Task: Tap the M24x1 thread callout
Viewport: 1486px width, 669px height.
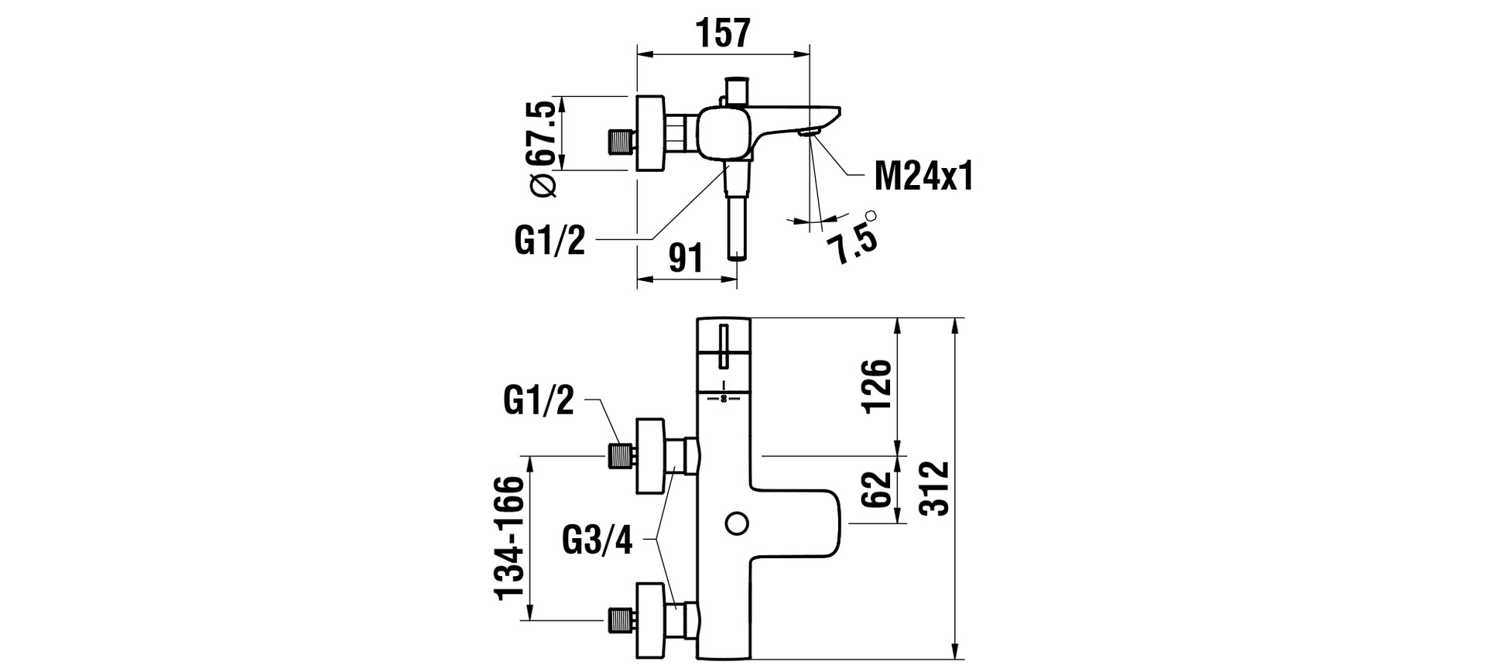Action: pos(923,177)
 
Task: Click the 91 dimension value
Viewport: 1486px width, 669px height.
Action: pos(687,258)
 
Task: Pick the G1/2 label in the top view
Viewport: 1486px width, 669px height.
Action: pos(550,242)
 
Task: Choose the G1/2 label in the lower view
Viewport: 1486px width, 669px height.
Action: pos(539,400)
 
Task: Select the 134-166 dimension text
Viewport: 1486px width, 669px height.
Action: pos(511,537)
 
